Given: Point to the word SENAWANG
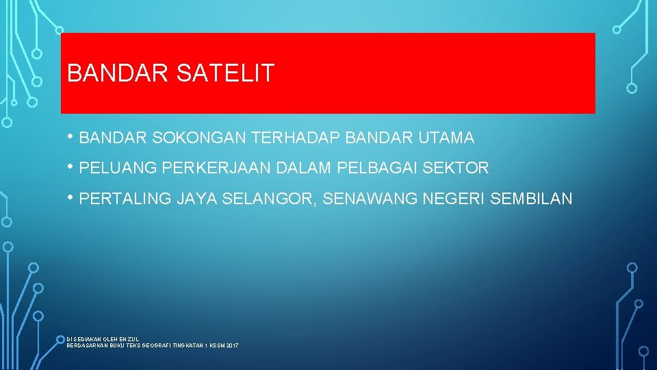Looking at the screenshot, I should [x=370, y=199].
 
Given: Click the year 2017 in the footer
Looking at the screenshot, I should [x=231, y=346].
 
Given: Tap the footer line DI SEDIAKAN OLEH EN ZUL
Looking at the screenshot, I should [x=103, y=339].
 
